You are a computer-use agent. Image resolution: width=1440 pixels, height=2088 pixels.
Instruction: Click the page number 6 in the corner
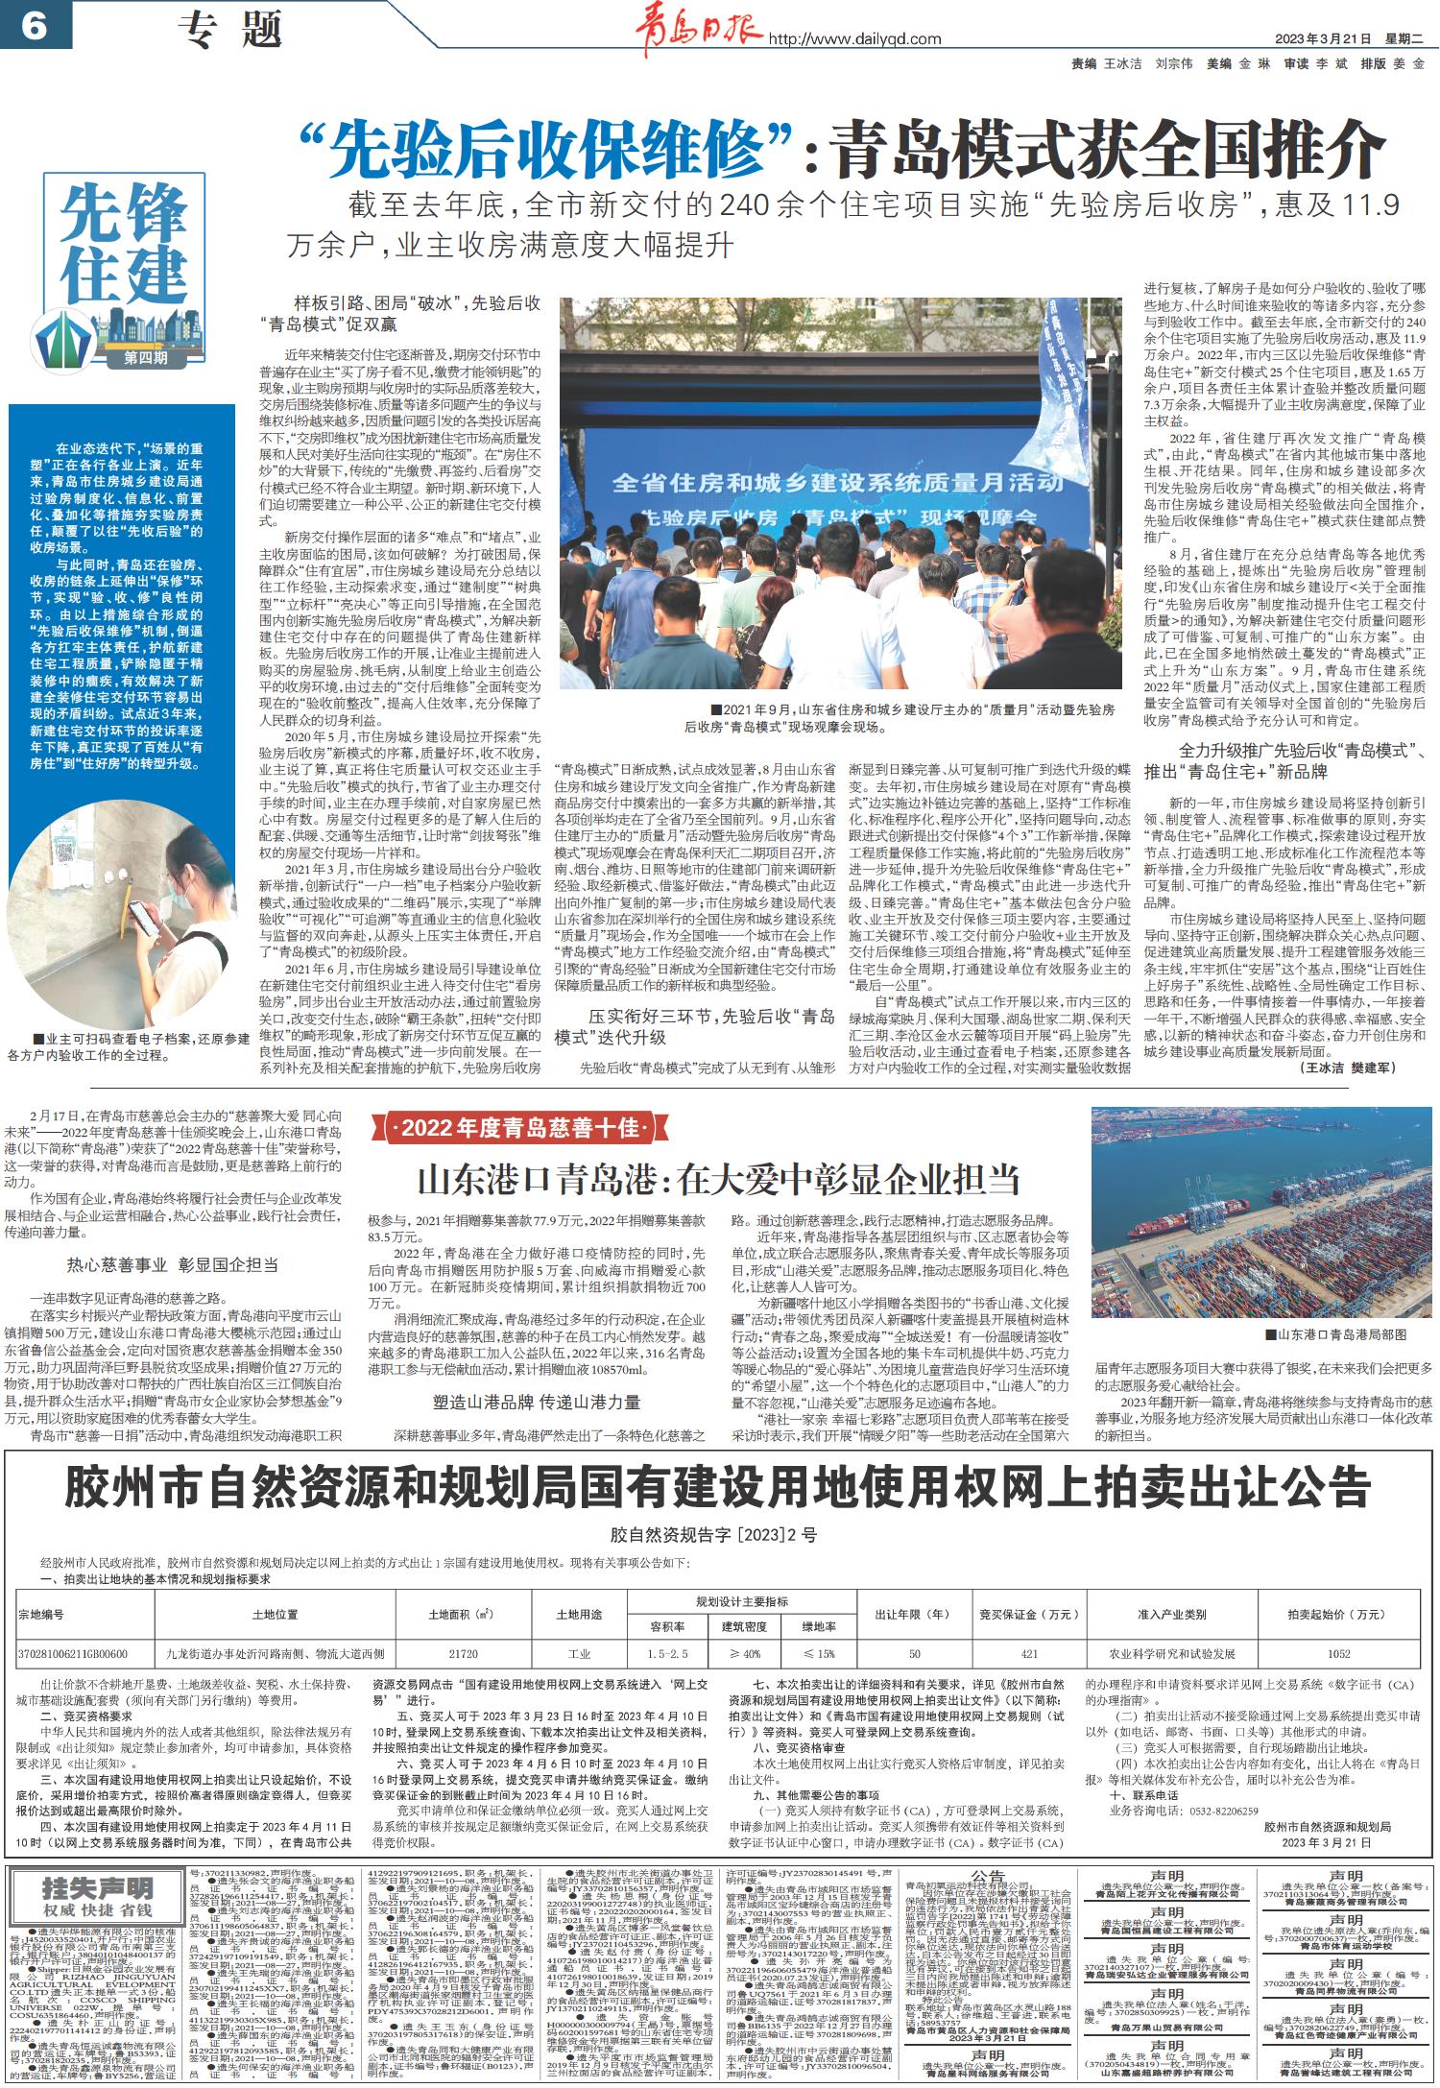pos(33,26)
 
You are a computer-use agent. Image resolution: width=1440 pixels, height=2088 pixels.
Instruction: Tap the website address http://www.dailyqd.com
pos(854,39)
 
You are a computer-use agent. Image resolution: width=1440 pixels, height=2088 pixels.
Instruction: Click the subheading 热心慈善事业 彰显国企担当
pos(172,1264)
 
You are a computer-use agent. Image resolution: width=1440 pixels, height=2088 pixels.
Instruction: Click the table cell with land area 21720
pos(463,1655)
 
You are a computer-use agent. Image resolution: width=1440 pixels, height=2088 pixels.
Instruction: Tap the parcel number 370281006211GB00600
pos(73,1655)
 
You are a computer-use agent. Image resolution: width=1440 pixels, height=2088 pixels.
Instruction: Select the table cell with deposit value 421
pos(1029,1655)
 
